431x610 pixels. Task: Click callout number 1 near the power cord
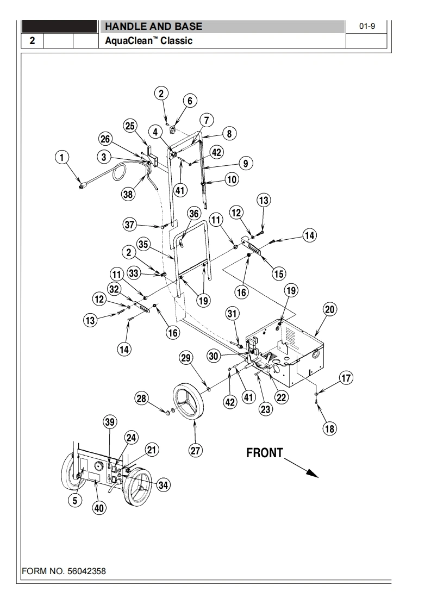pyautogui.click(x=63, y=158)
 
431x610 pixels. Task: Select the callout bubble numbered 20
pyautogui.click(x=329, y=309)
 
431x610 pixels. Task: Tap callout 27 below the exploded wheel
pyautogui.click(x=196, y=450)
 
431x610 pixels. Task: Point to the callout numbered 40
pyautogui.click(x=99, y=508)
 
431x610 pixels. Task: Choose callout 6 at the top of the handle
pyautogui.click(x=190, y=101)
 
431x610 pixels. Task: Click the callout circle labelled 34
pyautogui.click(x=163, y=485)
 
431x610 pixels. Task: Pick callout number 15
pyautogui.click(x=279, y=273)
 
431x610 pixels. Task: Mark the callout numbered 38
pyautogui.click(x=128, y=196)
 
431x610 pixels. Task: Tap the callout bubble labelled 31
pyautogui.click(x=233, y=314)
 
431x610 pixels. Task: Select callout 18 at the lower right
pyautogui.click(x=329, y=428)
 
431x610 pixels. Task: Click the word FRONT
pyautogui.click(x=265, y=453)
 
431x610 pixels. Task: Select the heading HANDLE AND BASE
pyautogui.click(x=153, y=27)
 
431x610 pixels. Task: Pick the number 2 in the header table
pyautogui.click(x=32, y=41)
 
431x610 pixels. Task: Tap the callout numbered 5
pyautogui.click(x=76, y=501)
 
